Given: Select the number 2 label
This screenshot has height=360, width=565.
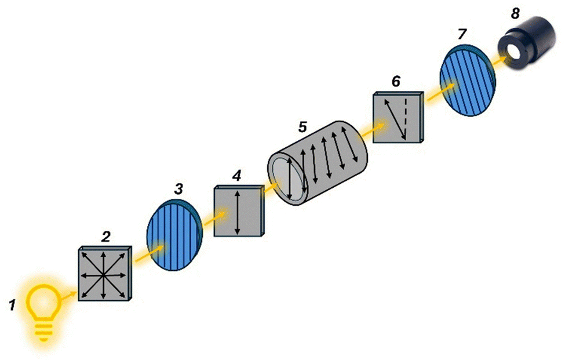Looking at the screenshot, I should coord(105,237).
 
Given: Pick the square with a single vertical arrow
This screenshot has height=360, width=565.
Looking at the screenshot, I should coord(238,211).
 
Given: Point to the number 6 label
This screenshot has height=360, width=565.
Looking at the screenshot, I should coord(395,82).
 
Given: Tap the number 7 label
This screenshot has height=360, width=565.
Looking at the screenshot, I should coord(461,34).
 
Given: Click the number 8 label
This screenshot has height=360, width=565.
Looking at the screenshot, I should coord(515,13).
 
